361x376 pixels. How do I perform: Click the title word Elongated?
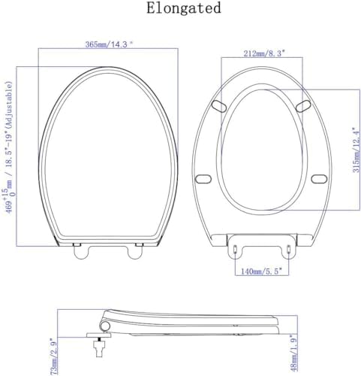click(184, 9)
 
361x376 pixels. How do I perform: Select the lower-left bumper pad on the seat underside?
click(202, 178)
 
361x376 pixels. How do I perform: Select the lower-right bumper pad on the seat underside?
click(317, 178)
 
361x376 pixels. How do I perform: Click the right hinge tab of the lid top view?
click(135, 252)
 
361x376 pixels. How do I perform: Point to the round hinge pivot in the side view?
click(104, 325)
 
